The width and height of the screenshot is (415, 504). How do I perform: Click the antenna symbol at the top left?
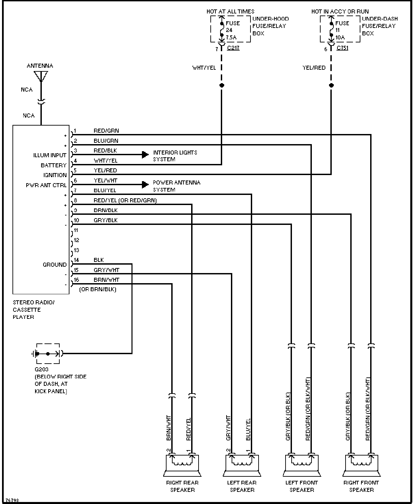pos(41,76)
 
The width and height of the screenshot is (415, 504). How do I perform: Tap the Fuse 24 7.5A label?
pos(233,30)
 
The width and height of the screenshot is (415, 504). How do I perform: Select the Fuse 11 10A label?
pos(342,30)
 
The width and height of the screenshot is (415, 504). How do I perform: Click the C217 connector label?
pos(233,48)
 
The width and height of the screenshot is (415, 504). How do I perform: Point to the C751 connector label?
pos(342,48)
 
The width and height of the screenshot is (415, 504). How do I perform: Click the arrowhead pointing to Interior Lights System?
pos(145,155)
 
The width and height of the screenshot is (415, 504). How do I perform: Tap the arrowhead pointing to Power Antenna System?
pos(145,184)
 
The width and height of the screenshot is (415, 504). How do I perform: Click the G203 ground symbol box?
pos(48,354)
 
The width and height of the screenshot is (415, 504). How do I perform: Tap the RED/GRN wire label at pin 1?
pos(106,131)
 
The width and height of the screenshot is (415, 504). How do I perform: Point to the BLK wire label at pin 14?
pos(99,260)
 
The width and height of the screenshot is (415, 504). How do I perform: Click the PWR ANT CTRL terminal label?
pos(46,185)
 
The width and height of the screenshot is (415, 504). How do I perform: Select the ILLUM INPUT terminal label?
pos(50,155)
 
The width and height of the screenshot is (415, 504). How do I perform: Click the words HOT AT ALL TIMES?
pos(230,11)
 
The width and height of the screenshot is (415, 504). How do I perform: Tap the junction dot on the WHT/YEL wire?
pos(221,86)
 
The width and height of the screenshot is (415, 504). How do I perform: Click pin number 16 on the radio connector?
pos(76,280)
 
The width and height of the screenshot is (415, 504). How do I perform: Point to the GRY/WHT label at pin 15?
pos(106,270)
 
